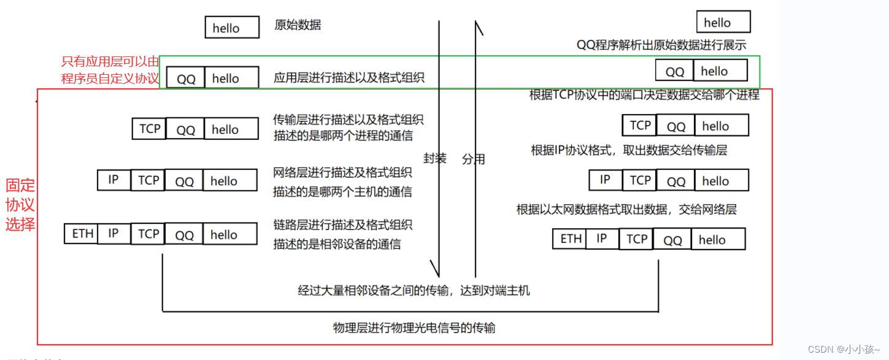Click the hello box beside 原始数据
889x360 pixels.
click(x=226, y=28)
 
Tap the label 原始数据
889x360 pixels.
click(x=298, y=25)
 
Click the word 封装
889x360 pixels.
click(x=435, y=158)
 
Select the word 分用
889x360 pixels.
click(x=474, y=159)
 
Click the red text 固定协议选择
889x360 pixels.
click(x=20, y=205)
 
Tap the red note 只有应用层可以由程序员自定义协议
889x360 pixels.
click(x=110, y=70)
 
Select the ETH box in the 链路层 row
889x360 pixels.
click(x=82, y=234)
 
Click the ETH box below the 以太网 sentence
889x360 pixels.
click(x=570, y=239)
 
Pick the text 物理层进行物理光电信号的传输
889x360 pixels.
click(x=414, y=328)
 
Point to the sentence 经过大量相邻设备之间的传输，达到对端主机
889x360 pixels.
click(x=414, y=291)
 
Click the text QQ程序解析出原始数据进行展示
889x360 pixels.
click(x=661, y=45)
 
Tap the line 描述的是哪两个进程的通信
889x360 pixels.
click(x=343, y=136)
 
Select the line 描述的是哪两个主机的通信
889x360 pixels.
click(x=342, y=192)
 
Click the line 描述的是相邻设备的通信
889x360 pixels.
click(x=337, y=244)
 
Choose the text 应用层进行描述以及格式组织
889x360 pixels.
click(x=348, y=78)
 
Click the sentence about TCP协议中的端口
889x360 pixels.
click(x=644, y=94)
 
